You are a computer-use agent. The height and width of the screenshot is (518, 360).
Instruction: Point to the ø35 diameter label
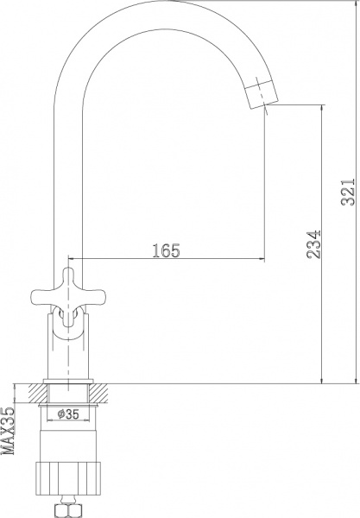(x=69, y=414)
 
